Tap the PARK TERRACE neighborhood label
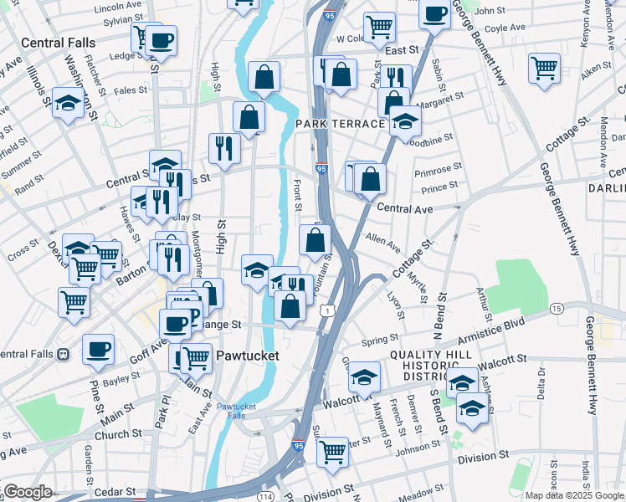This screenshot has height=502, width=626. [x=339, y=124]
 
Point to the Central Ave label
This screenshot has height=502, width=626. [x=405, y=207]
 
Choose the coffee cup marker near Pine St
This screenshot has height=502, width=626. [x=98, y=349]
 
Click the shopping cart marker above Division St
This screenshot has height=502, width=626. [x=333, y=451]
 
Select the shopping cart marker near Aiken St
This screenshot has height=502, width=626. [x=545, y=68]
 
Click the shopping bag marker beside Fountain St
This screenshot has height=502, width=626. [x=315, y=241]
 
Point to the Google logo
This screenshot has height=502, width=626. [x=28, y=492]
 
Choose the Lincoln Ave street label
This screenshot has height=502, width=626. [x=118, y=7]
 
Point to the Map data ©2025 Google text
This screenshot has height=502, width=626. [x=573, y=495]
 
